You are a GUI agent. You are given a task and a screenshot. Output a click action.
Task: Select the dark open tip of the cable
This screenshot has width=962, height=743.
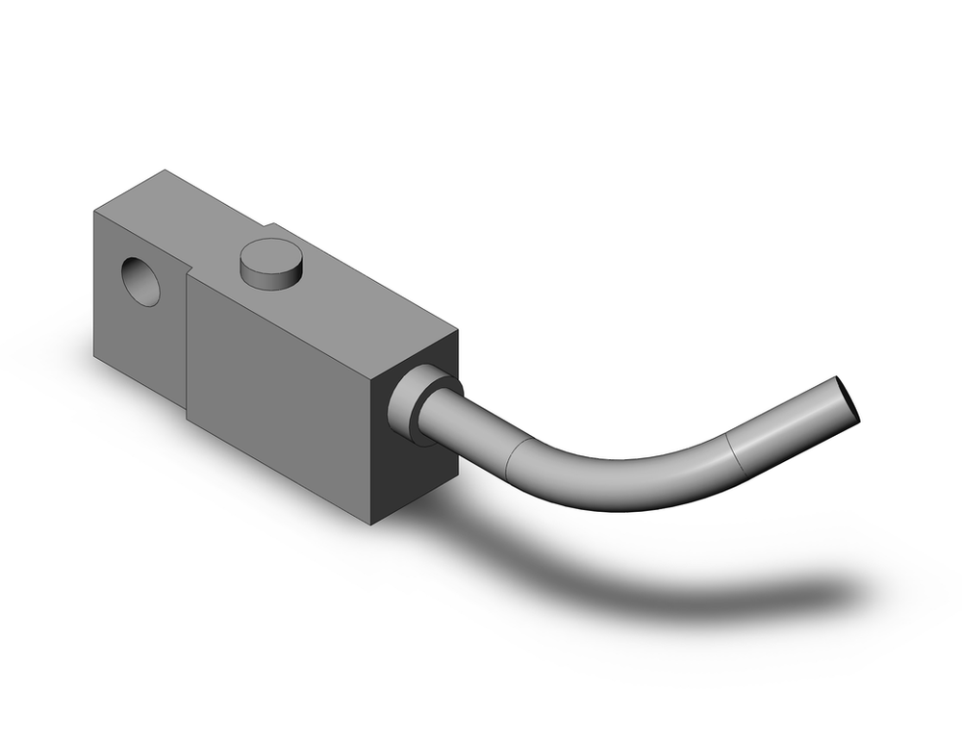[x=848, y=398]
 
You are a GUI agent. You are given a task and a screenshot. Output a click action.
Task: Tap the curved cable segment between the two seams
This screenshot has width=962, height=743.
[x=625, y=481]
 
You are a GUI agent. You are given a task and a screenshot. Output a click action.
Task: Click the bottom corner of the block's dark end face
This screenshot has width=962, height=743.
[x=373, y=524]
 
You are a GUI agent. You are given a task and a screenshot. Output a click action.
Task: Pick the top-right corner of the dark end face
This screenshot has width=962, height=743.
[x=457, y=332]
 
